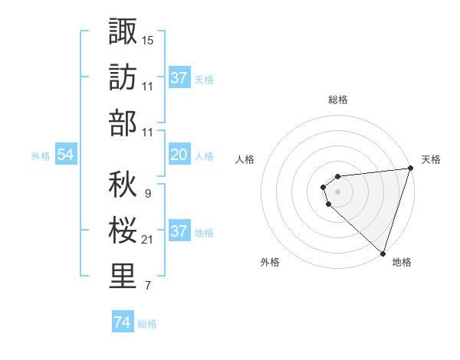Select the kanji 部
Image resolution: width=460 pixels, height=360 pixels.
point(123,123)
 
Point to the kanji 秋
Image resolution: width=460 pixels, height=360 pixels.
point(123,183)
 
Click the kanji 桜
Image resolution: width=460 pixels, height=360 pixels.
point(123,229)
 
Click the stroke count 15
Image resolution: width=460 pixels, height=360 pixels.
point(148,40)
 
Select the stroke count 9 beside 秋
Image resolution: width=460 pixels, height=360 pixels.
point(147,194)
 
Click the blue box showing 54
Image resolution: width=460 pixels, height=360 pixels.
point(66,155)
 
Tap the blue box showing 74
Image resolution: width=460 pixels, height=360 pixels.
point(122,322)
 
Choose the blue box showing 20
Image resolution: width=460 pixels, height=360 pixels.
point(179,155)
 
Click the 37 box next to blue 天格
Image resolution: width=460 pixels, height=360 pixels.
point(179,77)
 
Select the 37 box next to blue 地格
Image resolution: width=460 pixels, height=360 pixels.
point(179,231)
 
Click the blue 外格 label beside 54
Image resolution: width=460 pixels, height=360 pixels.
point(41,156)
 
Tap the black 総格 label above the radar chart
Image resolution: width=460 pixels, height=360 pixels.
point(338,100)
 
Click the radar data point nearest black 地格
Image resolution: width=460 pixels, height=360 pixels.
point(383,253)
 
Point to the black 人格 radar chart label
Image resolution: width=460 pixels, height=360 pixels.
point(245,159)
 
